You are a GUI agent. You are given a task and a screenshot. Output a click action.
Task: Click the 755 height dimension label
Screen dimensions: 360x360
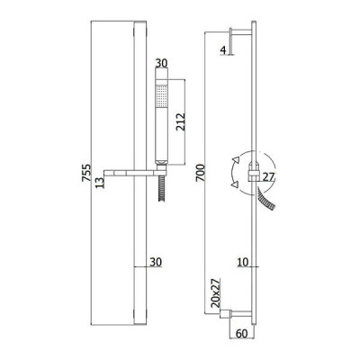click(86, 173)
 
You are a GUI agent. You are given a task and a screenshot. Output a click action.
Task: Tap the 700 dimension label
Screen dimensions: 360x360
click(200, 173)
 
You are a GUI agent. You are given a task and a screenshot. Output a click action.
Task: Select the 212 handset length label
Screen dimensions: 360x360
click(181, 121)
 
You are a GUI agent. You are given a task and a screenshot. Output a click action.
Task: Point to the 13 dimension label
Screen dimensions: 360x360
click(101, 182)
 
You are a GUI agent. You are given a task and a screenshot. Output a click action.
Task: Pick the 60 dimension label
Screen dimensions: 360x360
click(242, 333)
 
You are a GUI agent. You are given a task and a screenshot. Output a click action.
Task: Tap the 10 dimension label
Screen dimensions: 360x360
click(243, 262)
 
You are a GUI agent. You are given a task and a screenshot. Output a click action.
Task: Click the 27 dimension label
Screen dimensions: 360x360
click(269, 177)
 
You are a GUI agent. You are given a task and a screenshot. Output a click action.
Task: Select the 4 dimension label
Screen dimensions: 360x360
click(223, 50)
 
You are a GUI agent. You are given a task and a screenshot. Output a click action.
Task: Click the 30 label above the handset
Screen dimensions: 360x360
click(161, 63)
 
